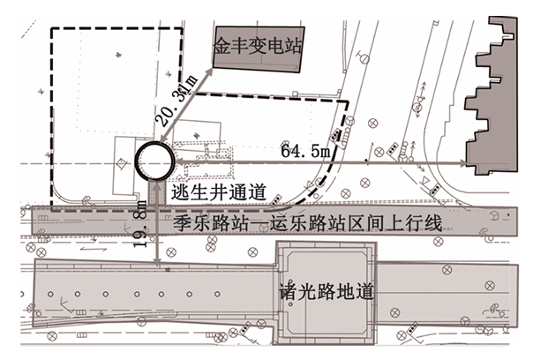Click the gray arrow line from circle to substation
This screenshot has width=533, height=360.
tap(187, 108)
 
